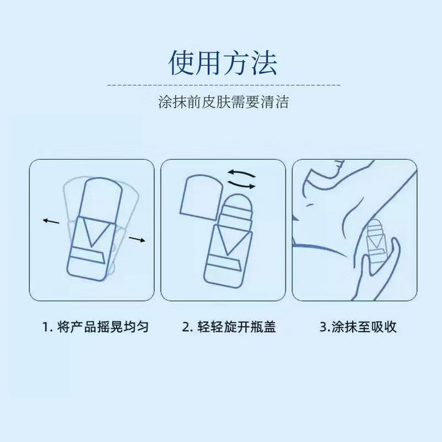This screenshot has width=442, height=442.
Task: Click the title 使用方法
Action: pos(223,64)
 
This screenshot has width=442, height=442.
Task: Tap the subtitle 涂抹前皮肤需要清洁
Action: pos(223,103)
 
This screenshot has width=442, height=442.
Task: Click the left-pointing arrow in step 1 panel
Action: pos(51,221)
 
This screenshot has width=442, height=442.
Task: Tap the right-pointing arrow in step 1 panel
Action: pos(137,239)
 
